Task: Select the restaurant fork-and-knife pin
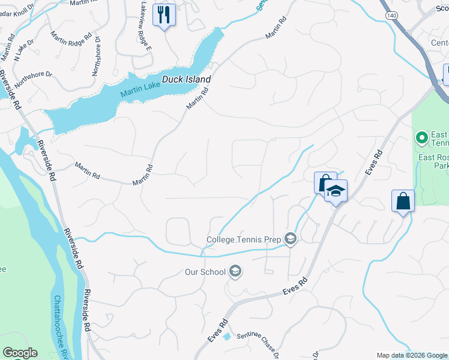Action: click(x=164, y=14)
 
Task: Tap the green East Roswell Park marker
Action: click(x=421, y=138)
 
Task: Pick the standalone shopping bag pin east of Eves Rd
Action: click(x=403, y=201)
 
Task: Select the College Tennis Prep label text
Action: click(x=244, y=239)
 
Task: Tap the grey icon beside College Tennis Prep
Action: click(x=291, y=239)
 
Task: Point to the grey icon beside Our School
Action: click(x=235, y=272)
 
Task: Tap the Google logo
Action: click(x=19, y=353)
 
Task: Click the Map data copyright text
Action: click(x=411, y=355)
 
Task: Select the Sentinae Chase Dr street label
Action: click(x=258, y=343)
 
